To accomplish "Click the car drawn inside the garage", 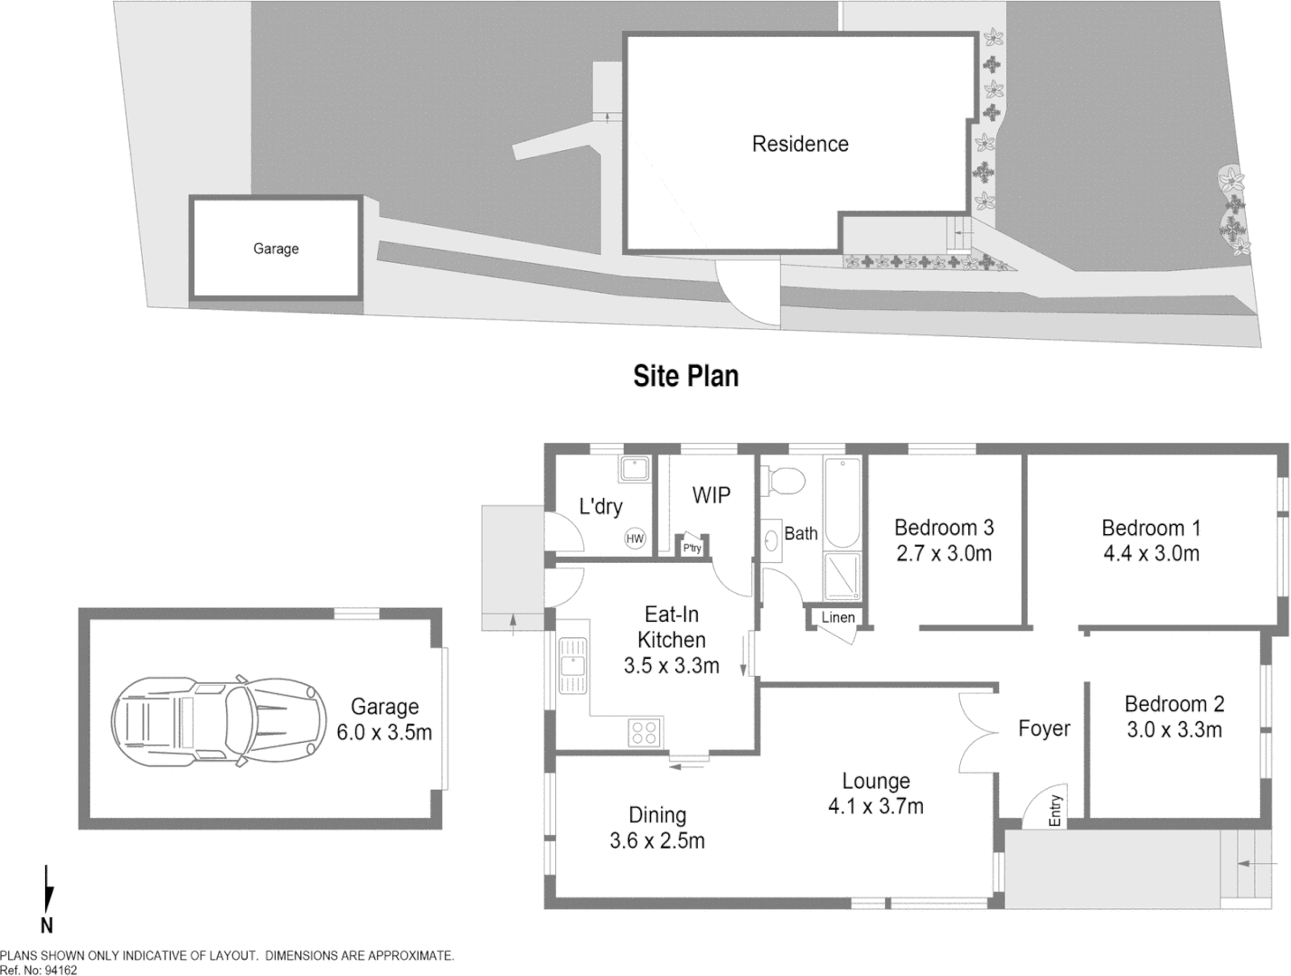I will coord(217,720).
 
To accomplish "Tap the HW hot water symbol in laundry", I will coord(635,540).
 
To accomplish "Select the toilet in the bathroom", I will coord(783,480).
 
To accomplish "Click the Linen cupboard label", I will coord(837,618).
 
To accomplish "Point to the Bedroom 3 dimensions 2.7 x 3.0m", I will coord(944,554).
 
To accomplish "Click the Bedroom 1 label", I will coord(1151,528).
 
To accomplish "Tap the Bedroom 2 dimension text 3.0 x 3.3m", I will coord(1174,729).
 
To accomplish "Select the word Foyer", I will coord(1043,728).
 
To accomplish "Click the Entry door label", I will coord(1055,811).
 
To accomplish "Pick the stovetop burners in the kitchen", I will coord(644,731).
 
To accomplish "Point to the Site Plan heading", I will coord(685,375).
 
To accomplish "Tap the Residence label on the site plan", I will coord(800,144).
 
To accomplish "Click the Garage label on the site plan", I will coord(276,249).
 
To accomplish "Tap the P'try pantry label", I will coord(692,549).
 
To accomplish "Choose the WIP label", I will coord(711,495).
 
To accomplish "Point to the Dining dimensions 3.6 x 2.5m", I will coord(657,840).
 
